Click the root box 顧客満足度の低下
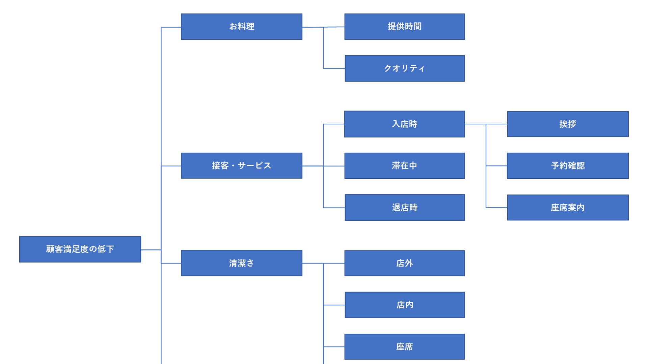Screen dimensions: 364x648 pos(80,249)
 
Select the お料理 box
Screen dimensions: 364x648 pos(241,27)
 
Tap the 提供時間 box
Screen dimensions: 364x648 pos(404,27)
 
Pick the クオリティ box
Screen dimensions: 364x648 pos(404,68)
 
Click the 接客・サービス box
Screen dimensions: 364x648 pos(241,165)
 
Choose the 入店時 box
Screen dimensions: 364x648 pos(404,124)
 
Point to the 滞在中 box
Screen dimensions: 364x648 pos(404,165)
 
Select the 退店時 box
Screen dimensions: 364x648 pos(404,207)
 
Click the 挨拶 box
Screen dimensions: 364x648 pos(568,124)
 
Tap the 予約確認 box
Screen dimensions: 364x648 pos(568,165)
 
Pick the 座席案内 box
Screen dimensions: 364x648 pos(568,207)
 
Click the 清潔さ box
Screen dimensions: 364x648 pos(241,263)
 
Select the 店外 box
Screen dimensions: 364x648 pos(404,263)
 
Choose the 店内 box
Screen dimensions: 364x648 pos(404,305)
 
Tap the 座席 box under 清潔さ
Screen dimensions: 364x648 pos(404,346)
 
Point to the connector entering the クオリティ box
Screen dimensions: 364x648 pos(334,68)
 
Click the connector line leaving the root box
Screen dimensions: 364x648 pos(151,250)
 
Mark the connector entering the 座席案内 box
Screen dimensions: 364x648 pos(496,207)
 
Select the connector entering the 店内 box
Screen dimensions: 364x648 pos(334,305)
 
